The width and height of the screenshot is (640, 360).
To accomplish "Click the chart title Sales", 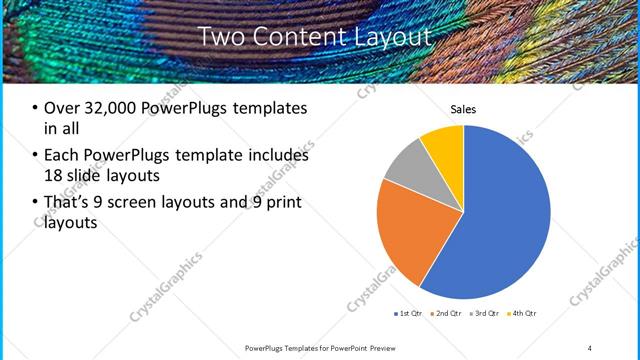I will [463, 109].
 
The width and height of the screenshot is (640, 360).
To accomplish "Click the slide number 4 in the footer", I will [589, 347].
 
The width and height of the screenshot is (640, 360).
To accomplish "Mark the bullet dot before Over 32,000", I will [35, 109].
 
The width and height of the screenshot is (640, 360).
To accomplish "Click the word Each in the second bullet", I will [63, 155].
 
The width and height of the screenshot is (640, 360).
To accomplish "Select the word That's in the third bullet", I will [69, 202].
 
